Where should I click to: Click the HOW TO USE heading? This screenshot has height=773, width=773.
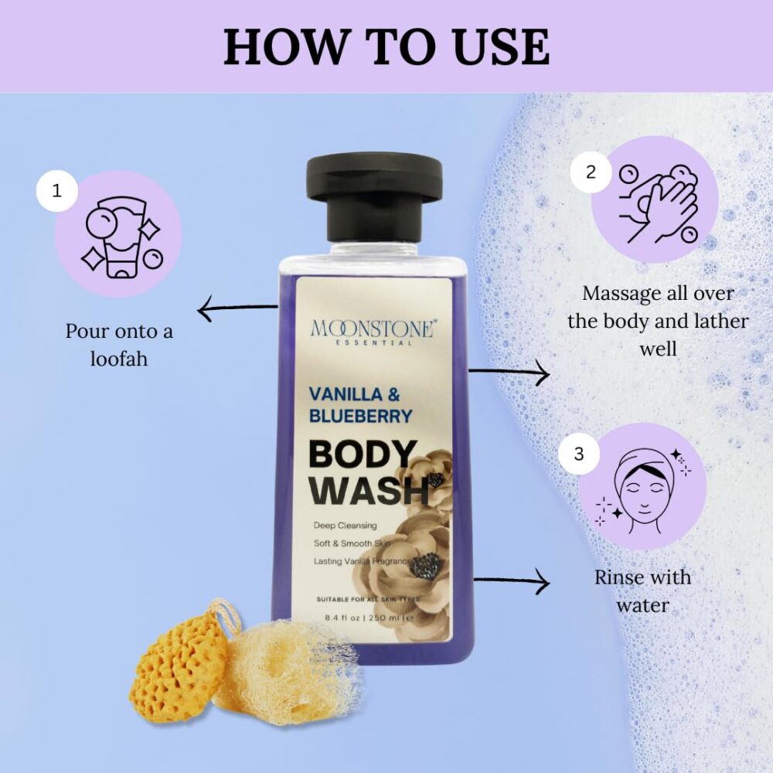point(386,47)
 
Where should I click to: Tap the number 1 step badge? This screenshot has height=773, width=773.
point(57,191)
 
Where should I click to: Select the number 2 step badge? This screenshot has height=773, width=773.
point(591,172)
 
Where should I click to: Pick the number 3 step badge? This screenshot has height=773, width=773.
point(579,454)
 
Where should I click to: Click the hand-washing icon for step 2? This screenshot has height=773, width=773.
point(659,204)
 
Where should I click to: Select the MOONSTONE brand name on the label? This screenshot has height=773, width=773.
point(374,329)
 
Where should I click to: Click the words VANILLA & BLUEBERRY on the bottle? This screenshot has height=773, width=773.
point(360,405)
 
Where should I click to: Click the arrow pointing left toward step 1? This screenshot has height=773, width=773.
point(237,308)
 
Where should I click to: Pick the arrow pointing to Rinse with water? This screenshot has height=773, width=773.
point(512,581)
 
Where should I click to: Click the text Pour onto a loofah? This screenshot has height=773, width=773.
point(119,345)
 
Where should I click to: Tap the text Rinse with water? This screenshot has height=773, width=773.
point(643,591)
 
